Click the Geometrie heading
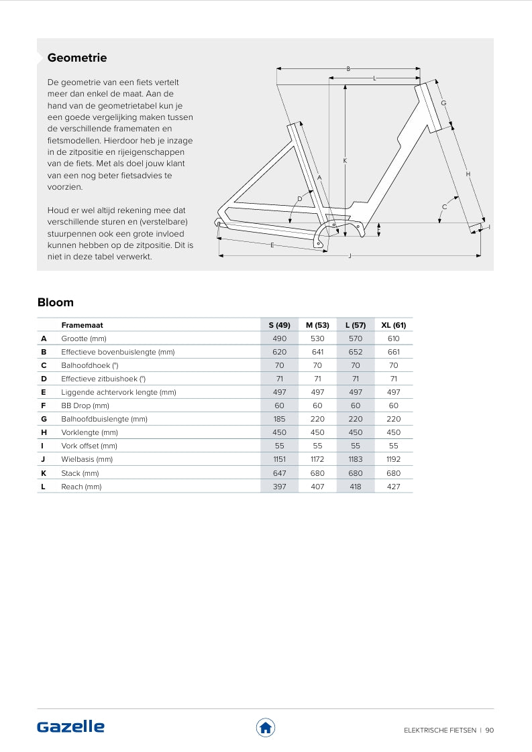(x=77, y=58)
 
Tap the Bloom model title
(x=56, y=302)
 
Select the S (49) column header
(x=279, y=325)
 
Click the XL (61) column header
(x=393, y=325)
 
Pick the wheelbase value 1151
(x=279, y=460)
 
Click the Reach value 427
(x=393, y=487)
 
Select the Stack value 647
(x=279, y=473)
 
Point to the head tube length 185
(x=279, y=419)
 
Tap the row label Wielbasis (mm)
(x=87, y=460)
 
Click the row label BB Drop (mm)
(x=85, y=405)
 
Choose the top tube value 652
(x=355, y=352)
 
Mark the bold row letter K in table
(x=44, y=473)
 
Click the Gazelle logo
(x=71, y=727)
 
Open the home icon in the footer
(x=266, y=727)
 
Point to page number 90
(x=490, y=731)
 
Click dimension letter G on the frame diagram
(x=444, y=103)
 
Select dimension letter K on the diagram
(x=345, y=161)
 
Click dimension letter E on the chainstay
(x=272, y=245)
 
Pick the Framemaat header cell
(x=82, y=325)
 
